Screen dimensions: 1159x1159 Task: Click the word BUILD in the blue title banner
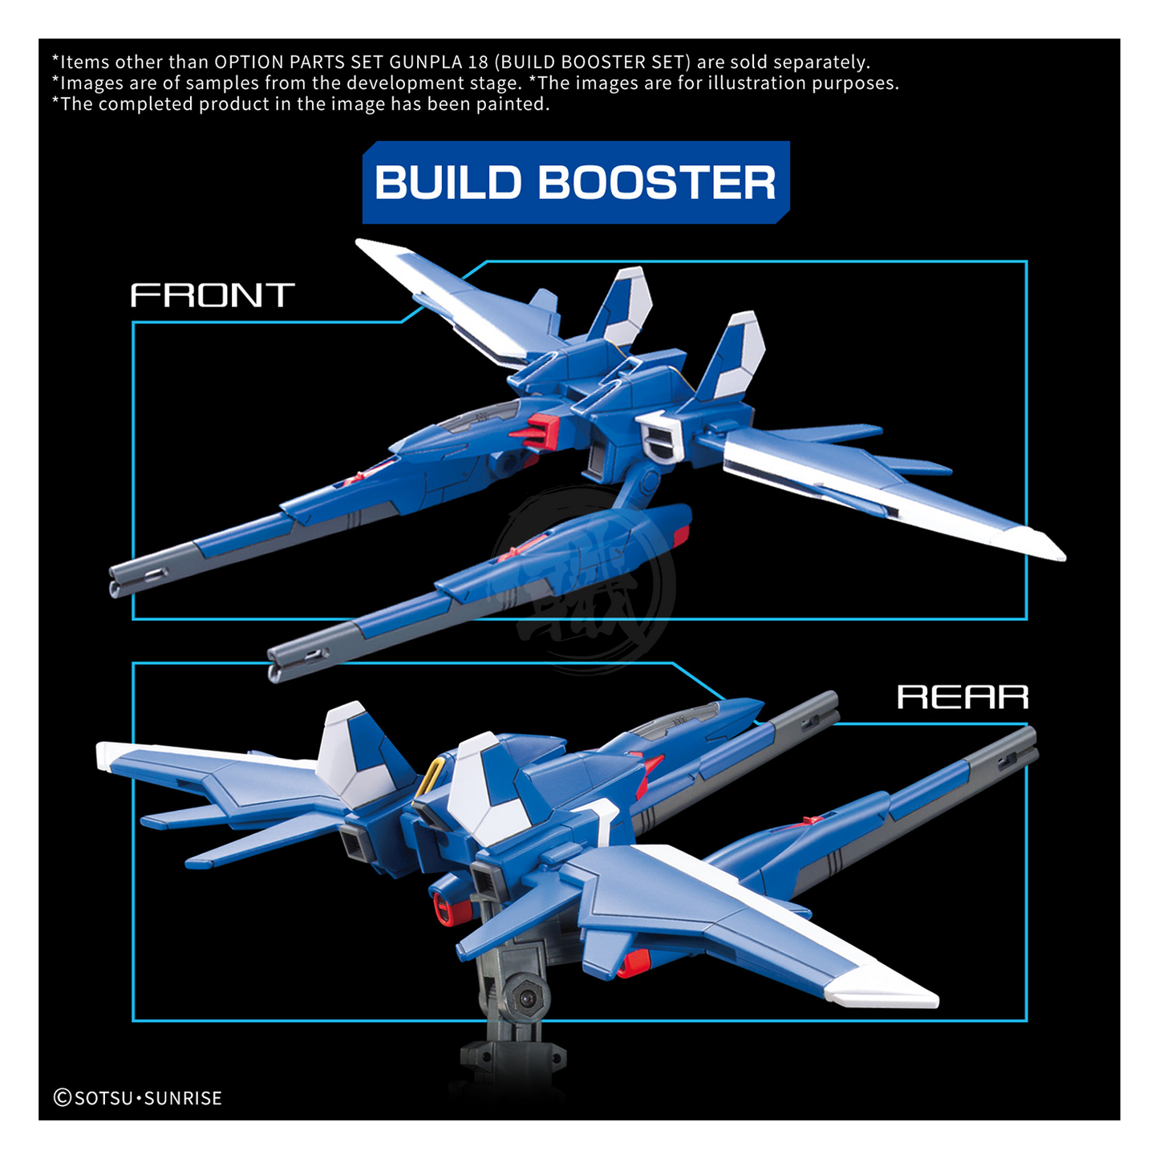coord(448,183)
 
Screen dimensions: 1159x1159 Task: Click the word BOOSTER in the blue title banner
coord(656,183)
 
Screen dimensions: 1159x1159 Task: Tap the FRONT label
coord(213,296)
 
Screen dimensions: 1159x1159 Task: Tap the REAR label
coord(962,697)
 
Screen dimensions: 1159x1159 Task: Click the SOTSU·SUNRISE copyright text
coord(148,1098)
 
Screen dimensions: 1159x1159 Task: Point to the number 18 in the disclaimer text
coord(478,63)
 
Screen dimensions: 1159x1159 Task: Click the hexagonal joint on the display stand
coord(527,998)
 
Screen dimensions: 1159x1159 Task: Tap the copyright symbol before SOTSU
coord(63,1098)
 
